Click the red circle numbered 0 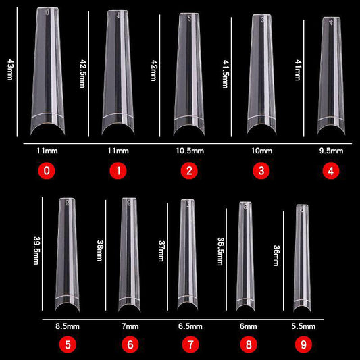pos(46,171)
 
